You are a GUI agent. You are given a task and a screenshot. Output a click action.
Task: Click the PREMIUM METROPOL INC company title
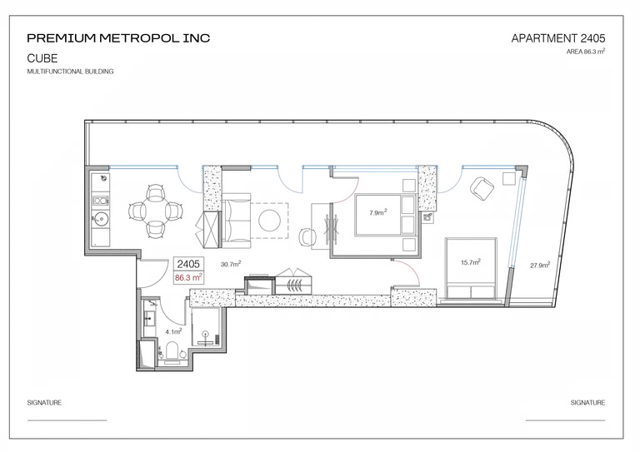[x=118, y=38]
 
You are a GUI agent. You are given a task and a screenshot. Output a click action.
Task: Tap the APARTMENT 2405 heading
[x=558, y=38]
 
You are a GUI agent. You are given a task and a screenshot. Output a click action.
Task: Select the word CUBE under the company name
[x=42, y=58]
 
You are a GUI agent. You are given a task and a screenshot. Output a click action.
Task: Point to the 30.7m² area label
[x=231, y=264]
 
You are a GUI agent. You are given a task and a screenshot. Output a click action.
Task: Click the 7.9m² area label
[x=378, y=212]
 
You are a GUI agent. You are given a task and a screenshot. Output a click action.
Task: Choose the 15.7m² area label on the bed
[x=471, y=262]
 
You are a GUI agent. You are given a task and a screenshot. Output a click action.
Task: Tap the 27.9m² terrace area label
[x=540, y=266]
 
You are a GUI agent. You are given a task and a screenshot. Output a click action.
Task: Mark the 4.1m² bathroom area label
[x=173, y=331]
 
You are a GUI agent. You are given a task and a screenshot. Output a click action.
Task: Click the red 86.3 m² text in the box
[x=188, y=277]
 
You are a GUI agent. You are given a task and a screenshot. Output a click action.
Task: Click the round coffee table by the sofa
[x=269, y=221]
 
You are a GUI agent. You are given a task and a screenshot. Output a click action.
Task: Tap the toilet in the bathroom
[x=172, y=351]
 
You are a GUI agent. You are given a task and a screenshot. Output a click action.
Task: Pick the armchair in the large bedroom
[x=482, y=189]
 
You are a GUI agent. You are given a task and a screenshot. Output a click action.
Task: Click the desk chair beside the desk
[x=307, y=236]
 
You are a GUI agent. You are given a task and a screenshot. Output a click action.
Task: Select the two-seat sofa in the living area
[x=236, y=221]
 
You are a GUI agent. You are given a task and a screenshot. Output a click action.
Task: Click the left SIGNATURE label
[x=44, y=403]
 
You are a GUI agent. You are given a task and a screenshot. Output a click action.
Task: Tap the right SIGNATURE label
[x=587, y=403]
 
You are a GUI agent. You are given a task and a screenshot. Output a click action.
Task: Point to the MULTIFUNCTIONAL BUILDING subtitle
[x=70, y=72]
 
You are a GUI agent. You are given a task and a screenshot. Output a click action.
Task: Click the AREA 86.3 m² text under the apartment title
[x=586, y=52]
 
